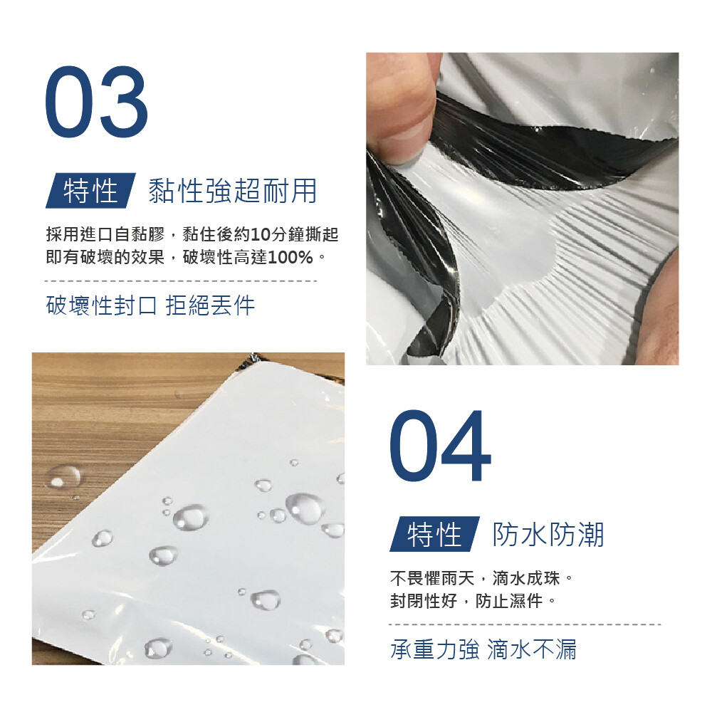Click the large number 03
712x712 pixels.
pyautogui.click(x=97, y=101)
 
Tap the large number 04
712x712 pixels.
pyautogui.click(x=440, y=446)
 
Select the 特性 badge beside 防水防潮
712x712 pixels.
pyautogui.click(x=434, y=534)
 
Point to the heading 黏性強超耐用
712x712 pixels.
pyautogui.click(x=233, y=191)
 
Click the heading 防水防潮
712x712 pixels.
pyautogui.click(x=548, y=535)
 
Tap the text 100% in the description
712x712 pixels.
pyautogui.click(x=290, y=258)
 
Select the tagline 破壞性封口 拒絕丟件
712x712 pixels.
pyautogui.click(x=150, y=305)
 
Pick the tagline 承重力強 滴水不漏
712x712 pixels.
pyautogui.click(x=483, y=649)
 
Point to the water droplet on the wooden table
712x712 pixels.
pyautogui.click(x=62, y=476)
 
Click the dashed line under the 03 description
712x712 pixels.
pyautogui.click(x=181, y=281)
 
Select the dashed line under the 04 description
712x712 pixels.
pyautogui.click(x=525, y=624)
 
